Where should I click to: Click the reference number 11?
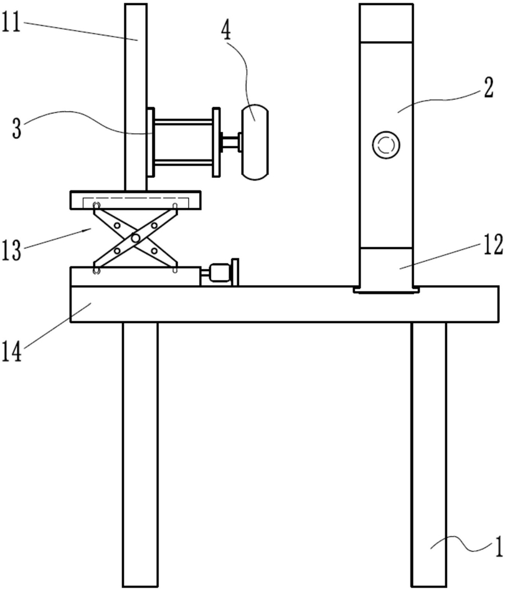pos(11,22)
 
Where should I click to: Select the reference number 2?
pos(488,88)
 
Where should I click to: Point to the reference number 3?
pos(17,129)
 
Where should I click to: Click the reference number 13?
pos(11,251)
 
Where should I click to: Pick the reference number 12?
pos(493,245)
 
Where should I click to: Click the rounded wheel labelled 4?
pos(255,142)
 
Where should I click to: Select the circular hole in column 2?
pos(385,145)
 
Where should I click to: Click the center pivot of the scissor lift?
pos(136,238)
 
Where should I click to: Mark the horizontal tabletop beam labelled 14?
pos(285,304)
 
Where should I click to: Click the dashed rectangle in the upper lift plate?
pos(136,202)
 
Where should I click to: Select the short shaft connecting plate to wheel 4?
pos(231,142)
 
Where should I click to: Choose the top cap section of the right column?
pos(385,22)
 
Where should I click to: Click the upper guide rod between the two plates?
pos(184,121)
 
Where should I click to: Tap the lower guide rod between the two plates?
pos(184,162)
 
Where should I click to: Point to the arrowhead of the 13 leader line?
pos(89,230)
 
